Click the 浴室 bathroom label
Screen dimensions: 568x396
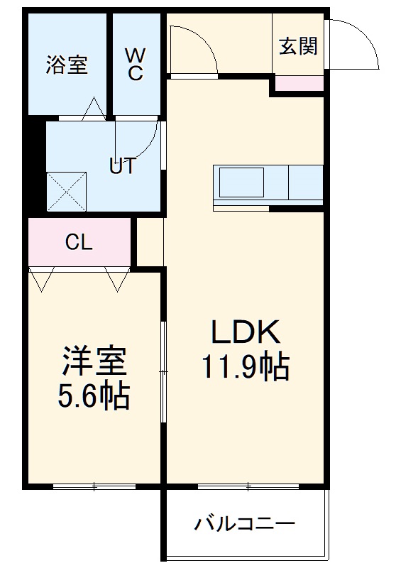[x=67, y=65]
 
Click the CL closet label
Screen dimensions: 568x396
[x=78, y=243]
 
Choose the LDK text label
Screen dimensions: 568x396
[x=245, y=332]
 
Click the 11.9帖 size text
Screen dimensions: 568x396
[x=245, y=368]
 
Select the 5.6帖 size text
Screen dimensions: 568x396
[x=92, y=396]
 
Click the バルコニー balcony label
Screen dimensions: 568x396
[x=245, y=525]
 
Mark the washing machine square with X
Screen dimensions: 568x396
[x=65, y=190]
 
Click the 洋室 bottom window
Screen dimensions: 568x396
[x=94, y=487]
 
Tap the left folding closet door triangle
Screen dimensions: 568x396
[x=40, y=280]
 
